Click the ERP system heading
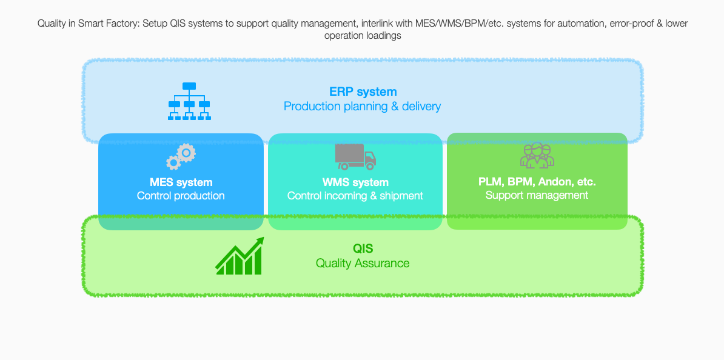pyautogui.click(x=363, y=92)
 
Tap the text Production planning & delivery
pyautogui.click(x=362, y=107)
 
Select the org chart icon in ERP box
pyautogui.click(x=189, y=102)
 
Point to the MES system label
pyautogui.click(x=181, y=182)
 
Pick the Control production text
pyautogui.click(x=181, y=196)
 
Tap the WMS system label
pyautogui.click(x=355, y=182)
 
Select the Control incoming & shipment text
pyautogui.click(x=355, y=196)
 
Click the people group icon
pyautogui.click(x=537, y=155)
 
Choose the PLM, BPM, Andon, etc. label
pyautogui.click(x=537, y=182)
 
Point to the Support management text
pyautogui.click(x=537, y=195)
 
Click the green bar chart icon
pyautogui.click(x=239, y=256)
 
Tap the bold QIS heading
pyautogui.click(x=363, y=248)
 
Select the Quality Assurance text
pyautogui.click(x=363, y=264)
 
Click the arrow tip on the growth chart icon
pyautogui.click(x=263, y=239)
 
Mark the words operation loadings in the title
pyautogui.click(x=363, y=36)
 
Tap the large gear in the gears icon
pyautogui.click(x=186, y=153)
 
